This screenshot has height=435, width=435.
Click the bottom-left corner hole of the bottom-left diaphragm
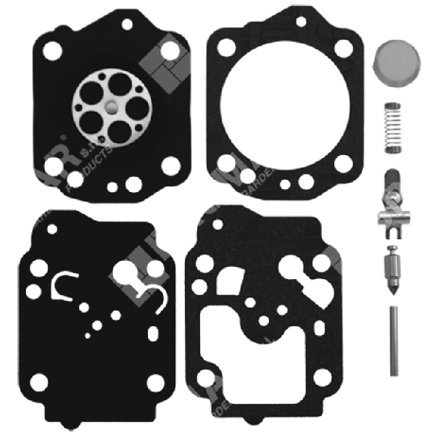pos(40,381)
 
